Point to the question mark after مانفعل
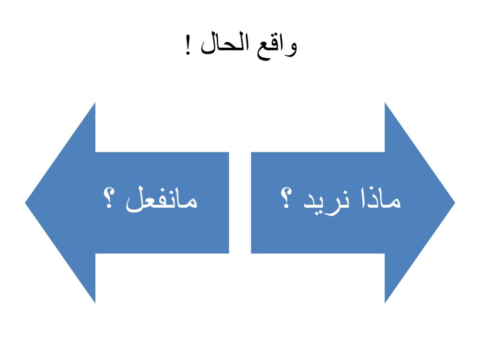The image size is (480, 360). point(109,198)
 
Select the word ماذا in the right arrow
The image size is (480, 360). point(381,198)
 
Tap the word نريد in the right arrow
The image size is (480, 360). point(326,202)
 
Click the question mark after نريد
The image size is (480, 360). point(286,198)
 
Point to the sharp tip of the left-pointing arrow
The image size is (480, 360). point(25,202)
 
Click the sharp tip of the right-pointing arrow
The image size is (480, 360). point(455,202)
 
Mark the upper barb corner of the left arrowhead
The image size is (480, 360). point(95,103)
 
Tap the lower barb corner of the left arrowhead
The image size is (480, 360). point(95,303)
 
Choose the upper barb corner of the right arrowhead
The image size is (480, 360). point(385,103)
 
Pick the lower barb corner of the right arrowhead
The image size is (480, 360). point(385,303)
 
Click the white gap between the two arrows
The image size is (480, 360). point(240,202)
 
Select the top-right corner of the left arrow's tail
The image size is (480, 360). point(229,152)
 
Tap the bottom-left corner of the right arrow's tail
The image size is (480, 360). point(251,254)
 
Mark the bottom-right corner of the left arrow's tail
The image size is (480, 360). point(229,254)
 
